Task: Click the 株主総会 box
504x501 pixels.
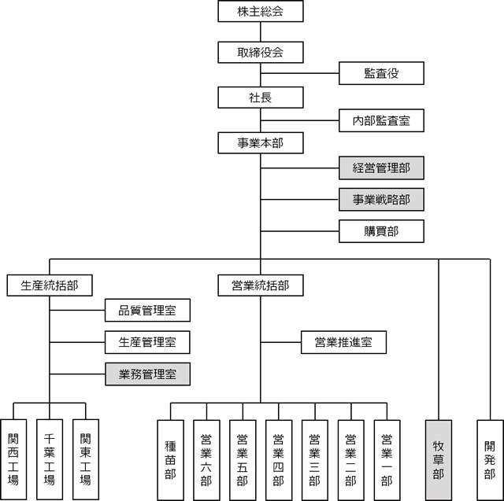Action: tap(261, 11)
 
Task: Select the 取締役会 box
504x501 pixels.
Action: tap(261, 52)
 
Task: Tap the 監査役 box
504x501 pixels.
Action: tap(381, 73)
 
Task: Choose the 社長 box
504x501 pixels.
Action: tap(261, 98)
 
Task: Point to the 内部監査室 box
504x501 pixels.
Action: tap(381, 120)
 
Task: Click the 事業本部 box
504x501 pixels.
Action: tap(261, 143)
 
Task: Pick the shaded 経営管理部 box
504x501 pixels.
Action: tap(381, 168)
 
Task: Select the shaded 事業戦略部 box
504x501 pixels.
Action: tap(381, 199)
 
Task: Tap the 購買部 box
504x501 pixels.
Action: tap(381, 231)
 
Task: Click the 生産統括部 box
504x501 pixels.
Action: tap(50, 285)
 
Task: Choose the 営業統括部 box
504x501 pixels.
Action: tap(261, 285)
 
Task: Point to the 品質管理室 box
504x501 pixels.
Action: tap(147, 310)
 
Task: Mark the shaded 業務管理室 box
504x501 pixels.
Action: tap(147, 374)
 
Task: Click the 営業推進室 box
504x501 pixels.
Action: tap(343, 342)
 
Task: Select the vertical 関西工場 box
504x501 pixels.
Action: tap(13, 459)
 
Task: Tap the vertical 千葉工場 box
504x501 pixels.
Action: tap(50, 459)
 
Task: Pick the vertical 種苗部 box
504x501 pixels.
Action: tap(170, 460)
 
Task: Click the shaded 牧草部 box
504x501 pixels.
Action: tap(439, 460)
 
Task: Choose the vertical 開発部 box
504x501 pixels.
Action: tap(490, 460)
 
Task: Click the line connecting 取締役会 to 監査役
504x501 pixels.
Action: tap(299, 73)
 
